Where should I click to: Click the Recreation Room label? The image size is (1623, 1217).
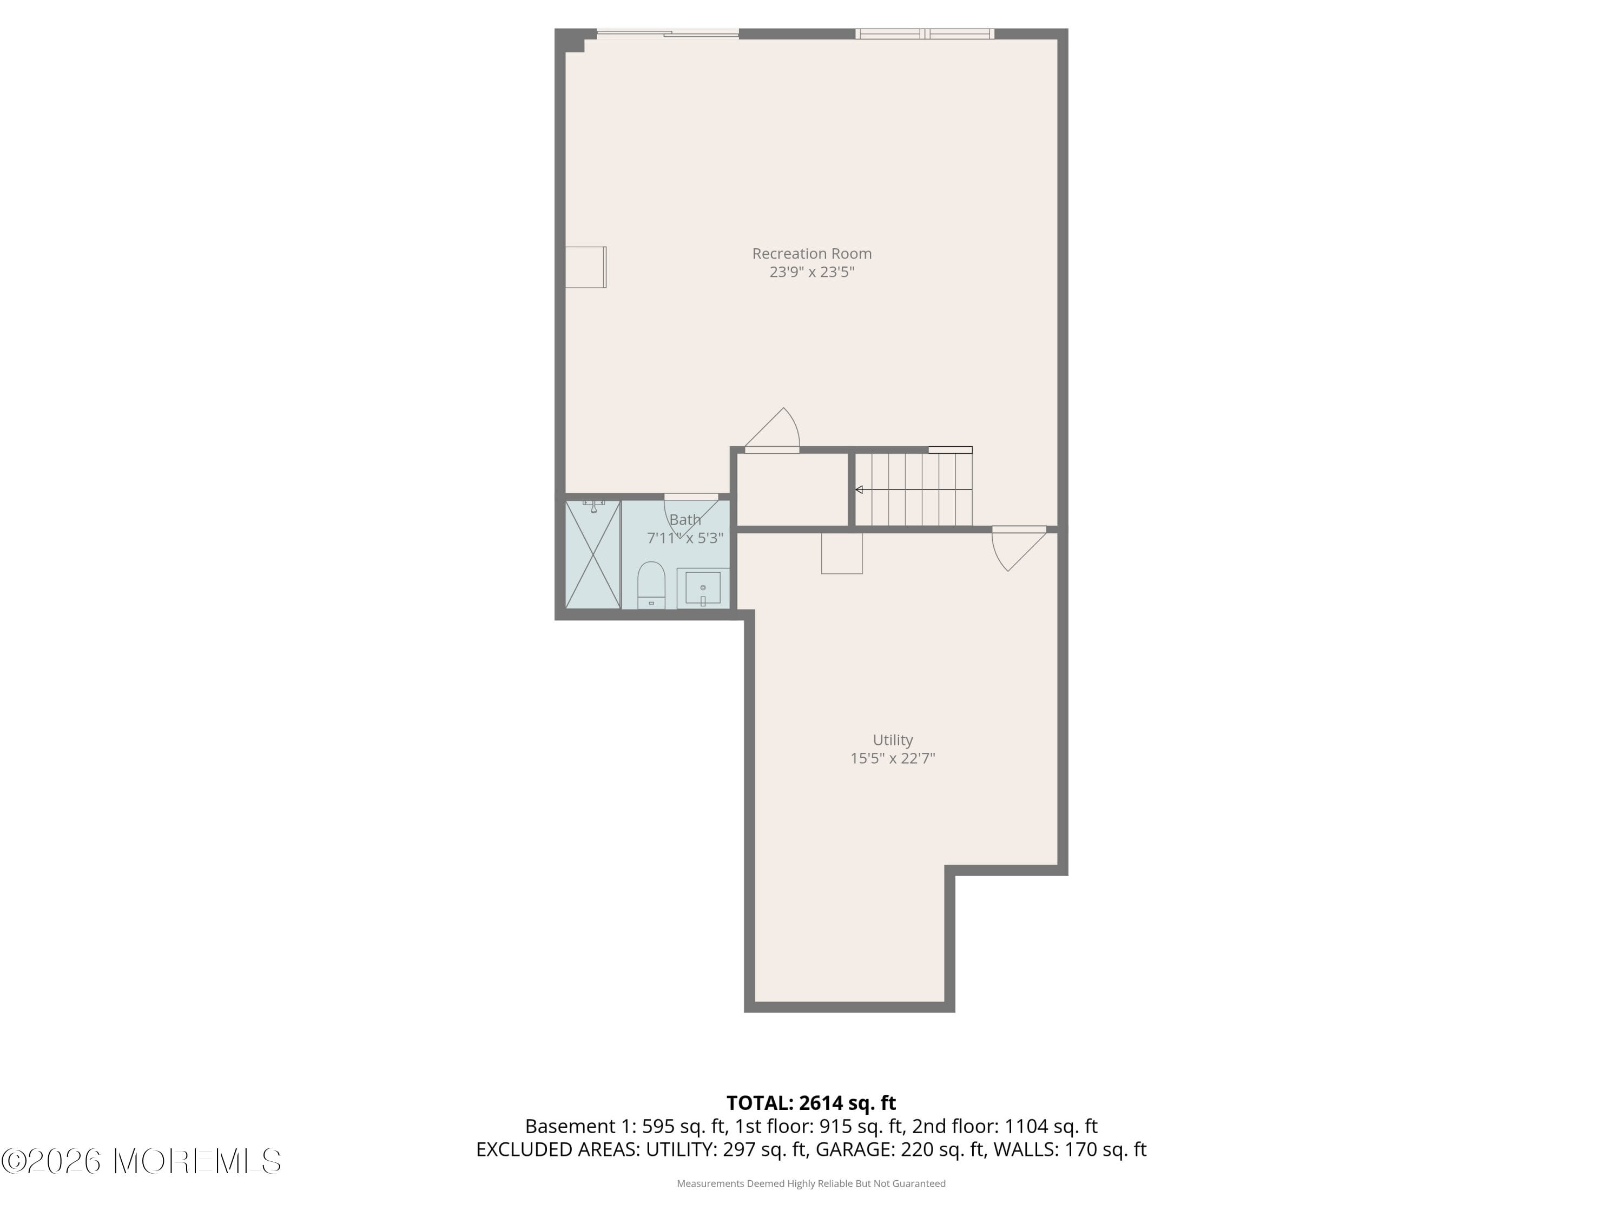[x=811, y=254]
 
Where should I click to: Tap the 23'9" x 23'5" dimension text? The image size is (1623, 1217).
[x=811, y=272]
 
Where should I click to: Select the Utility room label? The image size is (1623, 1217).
[x=892, y=740]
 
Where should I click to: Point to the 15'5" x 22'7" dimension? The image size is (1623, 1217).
[x=892, y=758]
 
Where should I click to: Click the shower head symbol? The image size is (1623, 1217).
[x=593, y=506]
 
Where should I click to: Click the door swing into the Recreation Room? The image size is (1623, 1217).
[x=775, y=430]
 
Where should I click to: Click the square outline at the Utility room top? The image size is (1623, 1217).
[x=842, y=553]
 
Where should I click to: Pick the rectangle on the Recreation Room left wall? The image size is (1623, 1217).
[x=585, y=267]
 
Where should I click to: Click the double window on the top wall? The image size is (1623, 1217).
[x=925, y=34]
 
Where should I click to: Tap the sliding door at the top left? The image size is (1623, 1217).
[x=667, y=34]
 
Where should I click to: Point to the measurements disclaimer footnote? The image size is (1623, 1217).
[x=811, y=1183]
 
